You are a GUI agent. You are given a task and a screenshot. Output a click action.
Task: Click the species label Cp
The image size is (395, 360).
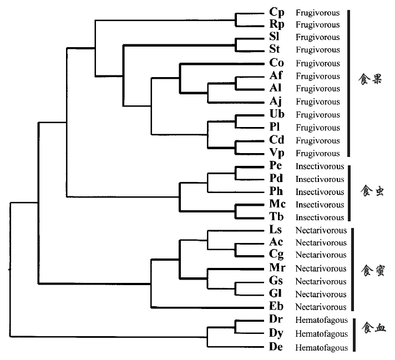(x=277, y=12)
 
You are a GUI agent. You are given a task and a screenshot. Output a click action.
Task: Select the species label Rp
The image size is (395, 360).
(x=277, y=24)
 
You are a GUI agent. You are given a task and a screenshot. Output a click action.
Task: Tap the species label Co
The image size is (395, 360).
(x=277, y=63)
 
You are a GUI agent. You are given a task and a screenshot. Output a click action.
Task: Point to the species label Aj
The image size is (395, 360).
(x=275, y=102)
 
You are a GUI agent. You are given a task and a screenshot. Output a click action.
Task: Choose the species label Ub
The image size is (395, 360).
(x=277, y=114)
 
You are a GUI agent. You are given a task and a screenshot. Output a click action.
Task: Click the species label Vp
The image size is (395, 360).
(x=277, y=153)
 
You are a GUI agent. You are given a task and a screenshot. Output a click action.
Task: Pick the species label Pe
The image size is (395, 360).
(x=275, y=165)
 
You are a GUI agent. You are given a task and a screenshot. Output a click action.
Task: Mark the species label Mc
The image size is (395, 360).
(x=277, y=204)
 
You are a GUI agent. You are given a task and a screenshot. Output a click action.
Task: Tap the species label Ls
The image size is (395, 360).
(x=275, y=230)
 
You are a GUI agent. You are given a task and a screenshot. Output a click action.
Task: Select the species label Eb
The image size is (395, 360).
(x=276, y=306)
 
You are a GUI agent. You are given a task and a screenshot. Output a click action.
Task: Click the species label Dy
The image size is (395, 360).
(x=276, y=333)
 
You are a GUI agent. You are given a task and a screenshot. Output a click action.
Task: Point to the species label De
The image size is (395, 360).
(x=276, y=347)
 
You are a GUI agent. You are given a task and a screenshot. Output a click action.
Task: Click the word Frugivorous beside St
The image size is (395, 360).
(x=318, y=50)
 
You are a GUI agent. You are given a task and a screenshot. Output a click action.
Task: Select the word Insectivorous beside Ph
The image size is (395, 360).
(x=320, y=192)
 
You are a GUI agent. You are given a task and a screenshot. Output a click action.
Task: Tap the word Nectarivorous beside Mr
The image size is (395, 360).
(x=321, y=268)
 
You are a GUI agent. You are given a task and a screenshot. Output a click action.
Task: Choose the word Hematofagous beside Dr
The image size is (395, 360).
(x=321, y=320)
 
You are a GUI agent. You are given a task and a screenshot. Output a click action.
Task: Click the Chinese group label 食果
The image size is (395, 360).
(x=370, y=79)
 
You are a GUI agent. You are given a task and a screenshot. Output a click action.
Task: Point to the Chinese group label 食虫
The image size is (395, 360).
(x=372, y=190)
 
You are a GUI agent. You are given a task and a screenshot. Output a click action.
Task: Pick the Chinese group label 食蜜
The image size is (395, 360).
(x=373, y=271)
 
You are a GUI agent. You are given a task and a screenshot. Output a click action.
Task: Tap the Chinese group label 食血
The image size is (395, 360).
(x=373, y=327)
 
